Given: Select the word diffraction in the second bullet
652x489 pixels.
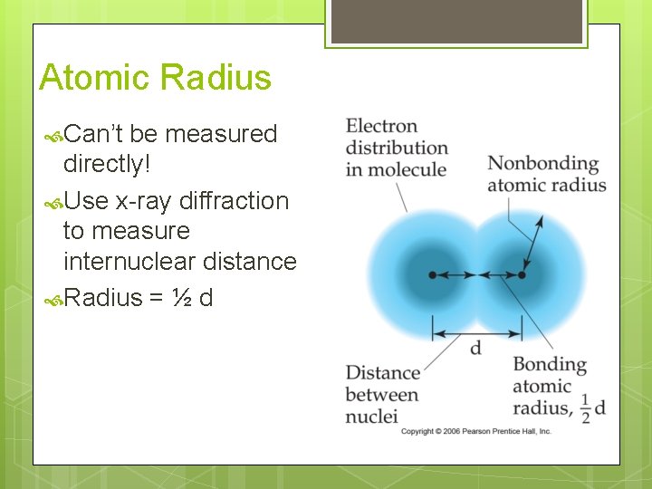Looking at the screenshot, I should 234,200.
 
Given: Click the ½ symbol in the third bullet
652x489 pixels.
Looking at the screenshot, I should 177,298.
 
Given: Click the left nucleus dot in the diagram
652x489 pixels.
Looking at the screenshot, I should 432,274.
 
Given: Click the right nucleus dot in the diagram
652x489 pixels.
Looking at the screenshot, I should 522,274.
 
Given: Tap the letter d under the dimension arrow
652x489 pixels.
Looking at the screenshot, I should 475,349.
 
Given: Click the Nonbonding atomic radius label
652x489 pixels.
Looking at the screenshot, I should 546,174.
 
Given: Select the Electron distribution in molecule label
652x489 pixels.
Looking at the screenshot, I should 397,148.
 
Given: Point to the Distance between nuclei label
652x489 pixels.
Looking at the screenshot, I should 382,394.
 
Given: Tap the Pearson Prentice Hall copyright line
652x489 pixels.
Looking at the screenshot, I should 475,431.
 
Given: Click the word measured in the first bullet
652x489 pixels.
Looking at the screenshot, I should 221,134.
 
